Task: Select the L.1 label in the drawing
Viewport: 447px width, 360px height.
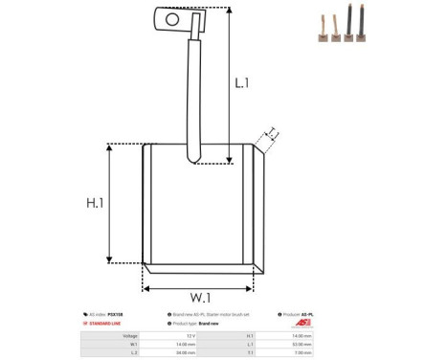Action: click(242, 83)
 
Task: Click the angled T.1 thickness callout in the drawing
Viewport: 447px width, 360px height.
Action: click(272, 135)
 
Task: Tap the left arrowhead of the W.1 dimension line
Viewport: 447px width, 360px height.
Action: click(146, 286)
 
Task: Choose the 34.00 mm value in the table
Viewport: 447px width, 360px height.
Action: click(187, 351)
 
